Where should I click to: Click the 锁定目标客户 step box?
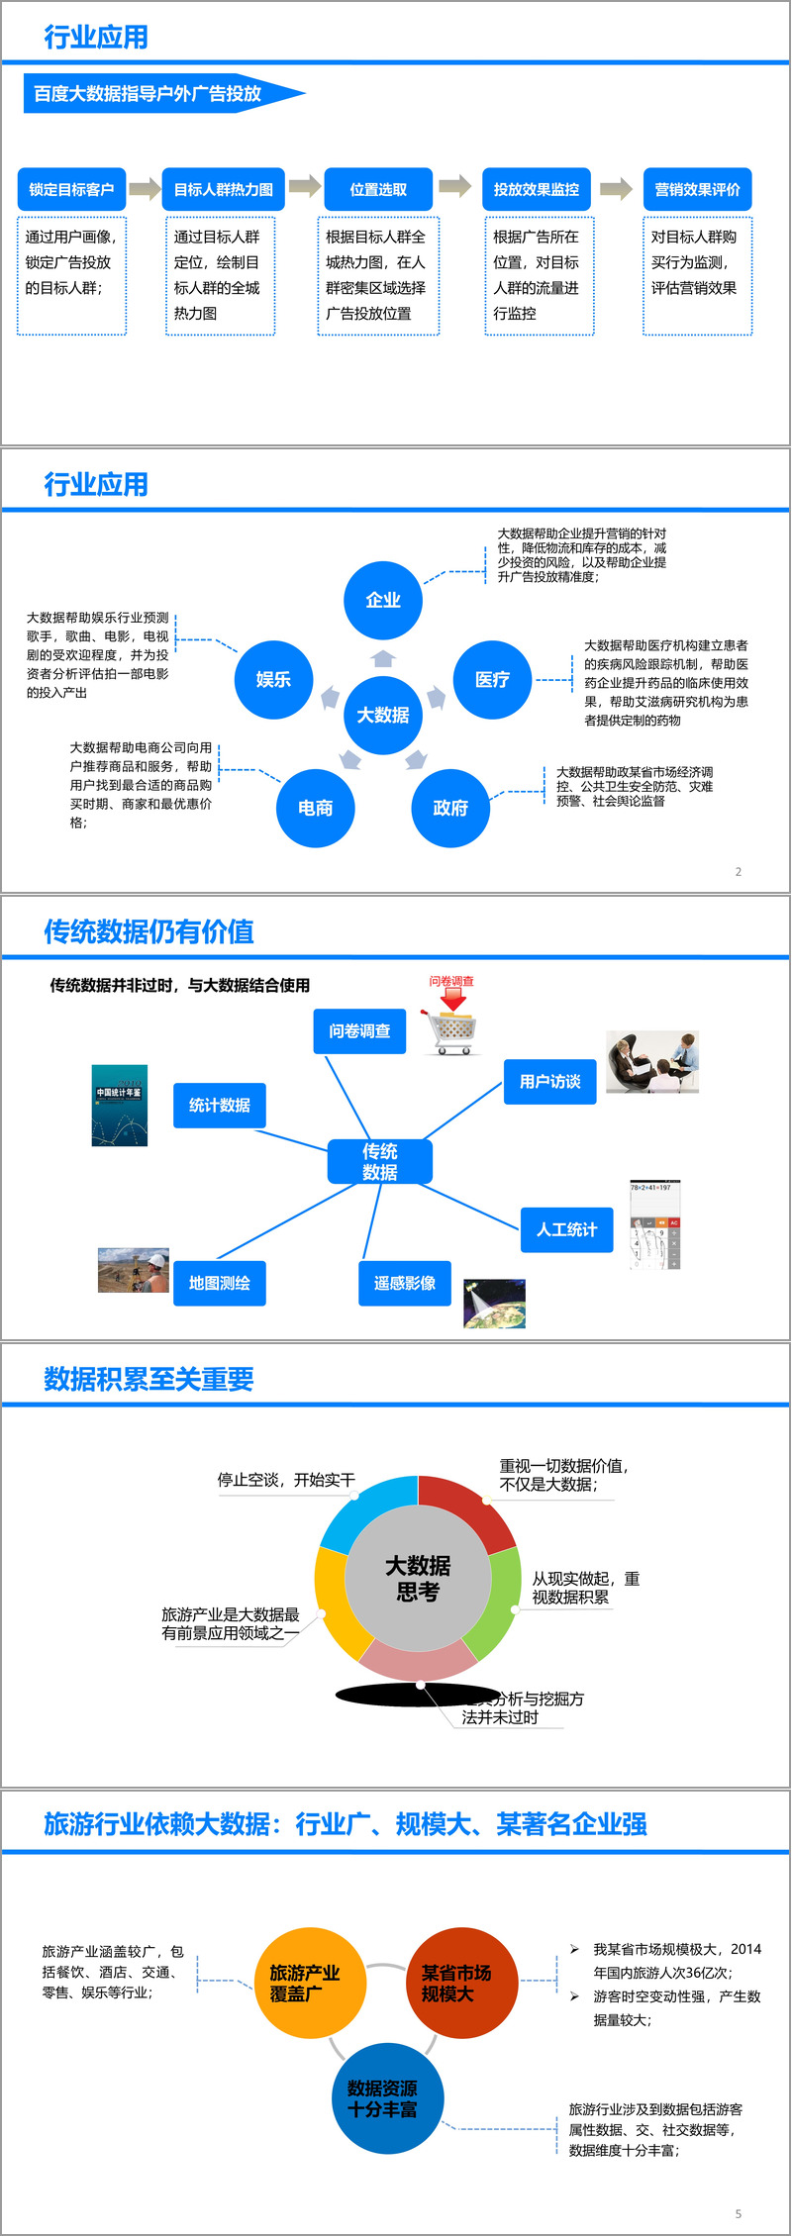pyautogui.click(x=71, y=189)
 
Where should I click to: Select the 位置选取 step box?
pyautogui.click(x=378, y=189)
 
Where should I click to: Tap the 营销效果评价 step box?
pyautogui.click(x=697, y=189)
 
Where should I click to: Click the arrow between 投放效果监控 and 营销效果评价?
pyautogui.click(x=616, y=188)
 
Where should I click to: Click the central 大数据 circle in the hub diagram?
pyautogui.click(x=383, y=715)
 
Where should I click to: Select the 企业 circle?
pyautogui.click(x=383, y=600)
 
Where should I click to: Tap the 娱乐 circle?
pyautogui.click(x=273, y=679)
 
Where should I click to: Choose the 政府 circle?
pyautogui.click(x=450, y=808)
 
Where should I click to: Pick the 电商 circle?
pyautogui.click(x=315, y=808)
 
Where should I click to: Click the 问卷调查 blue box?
pyautogui.click(x=359, y=1031)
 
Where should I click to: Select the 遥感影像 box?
pyautogui.click(x=404, y=1283)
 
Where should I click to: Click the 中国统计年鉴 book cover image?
pyautogui.click(x=119, y=1106)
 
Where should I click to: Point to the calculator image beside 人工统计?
pyautogui.click(x=655, y=1225)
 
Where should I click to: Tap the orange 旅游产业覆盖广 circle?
pyautogui.click(x=305, y=1983)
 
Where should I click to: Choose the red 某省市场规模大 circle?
pyautogui.click(x=456, y=1983)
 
